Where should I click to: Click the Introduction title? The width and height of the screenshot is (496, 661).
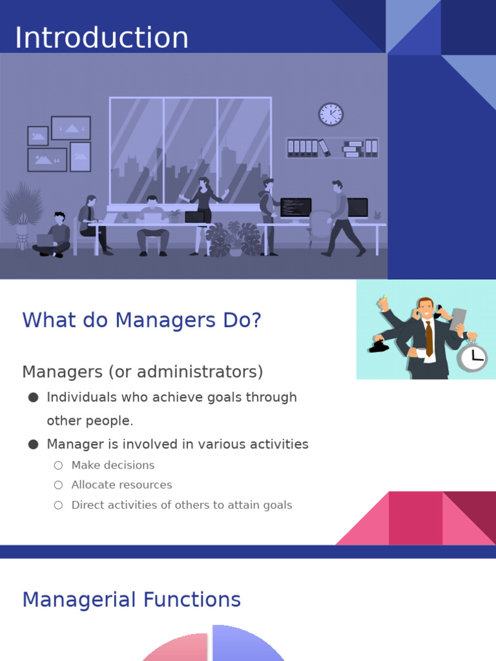[101, 38]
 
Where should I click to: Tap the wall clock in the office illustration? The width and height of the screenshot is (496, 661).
[331, 114]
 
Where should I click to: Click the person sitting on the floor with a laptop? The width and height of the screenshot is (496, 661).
[54, 236]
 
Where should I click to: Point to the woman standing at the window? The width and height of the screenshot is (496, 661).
[204, 207]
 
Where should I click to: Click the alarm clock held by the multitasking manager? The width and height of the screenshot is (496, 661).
[473, 357]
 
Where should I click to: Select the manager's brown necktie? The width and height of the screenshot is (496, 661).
[429, 338]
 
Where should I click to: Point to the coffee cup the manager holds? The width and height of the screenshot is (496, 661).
[421, 352]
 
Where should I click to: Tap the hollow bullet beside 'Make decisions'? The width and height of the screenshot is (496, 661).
[59, 465]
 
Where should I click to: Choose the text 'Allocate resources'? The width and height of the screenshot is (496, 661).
[121, 485]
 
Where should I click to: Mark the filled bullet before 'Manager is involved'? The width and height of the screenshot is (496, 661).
[34, 444]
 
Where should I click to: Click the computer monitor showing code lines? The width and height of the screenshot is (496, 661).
[296, 208]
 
